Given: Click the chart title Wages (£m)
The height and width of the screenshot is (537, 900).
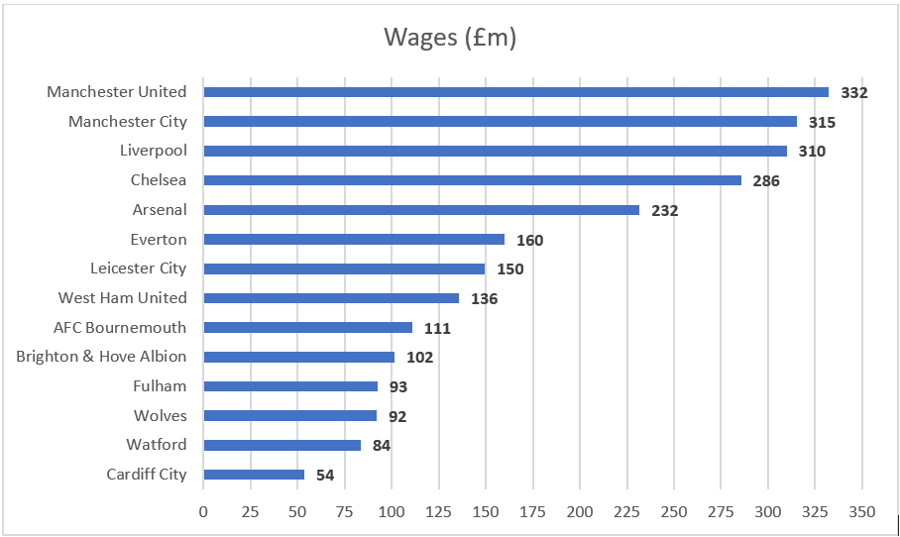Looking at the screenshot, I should (450, 39).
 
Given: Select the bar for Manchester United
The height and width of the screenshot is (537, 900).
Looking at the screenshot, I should (515, 92).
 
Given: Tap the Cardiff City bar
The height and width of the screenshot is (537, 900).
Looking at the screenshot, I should (254, 475).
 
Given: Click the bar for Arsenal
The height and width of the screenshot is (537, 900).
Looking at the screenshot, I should (421, 210).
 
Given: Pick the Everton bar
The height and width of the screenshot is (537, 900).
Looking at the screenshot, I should (354, 239).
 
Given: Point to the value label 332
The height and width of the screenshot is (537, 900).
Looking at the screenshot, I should (853, 93).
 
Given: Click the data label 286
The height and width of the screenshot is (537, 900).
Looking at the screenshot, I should (766, 181).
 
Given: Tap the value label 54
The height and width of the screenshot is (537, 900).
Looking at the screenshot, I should (325, 476).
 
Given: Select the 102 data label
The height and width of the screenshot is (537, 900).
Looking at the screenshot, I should (419, 358).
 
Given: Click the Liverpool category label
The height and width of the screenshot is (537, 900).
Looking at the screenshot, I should (153, 151).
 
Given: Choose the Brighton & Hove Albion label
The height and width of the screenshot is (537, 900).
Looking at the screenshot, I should (101, 357).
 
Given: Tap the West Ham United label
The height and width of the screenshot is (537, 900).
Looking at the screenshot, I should (122, 297).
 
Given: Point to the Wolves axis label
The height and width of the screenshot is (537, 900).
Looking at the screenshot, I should (160, 415).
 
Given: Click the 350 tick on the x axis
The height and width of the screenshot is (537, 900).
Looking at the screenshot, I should (862, 512).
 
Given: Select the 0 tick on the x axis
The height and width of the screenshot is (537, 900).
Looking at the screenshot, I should (203, 512).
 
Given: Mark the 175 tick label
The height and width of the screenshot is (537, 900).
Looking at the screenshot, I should (533, 512).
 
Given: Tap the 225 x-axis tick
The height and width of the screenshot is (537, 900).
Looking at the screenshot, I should (627, 512).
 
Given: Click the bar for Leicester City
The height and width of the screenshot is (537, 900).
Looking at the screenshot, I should (344, 268).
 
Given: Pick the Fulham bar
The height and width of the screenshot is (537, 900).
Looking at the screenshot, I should (290, 386).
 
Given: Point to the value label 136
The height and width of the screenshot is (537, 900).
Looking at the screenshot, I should (484, 298).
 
